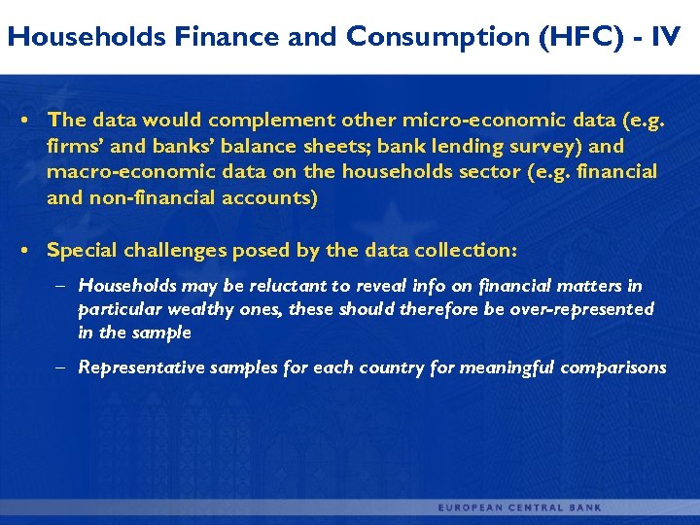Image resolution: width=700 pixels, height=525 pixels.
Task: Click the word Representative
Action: [141, 367]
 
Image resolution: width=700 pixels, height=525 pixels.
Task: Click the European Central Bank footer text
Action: [519, 507]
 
